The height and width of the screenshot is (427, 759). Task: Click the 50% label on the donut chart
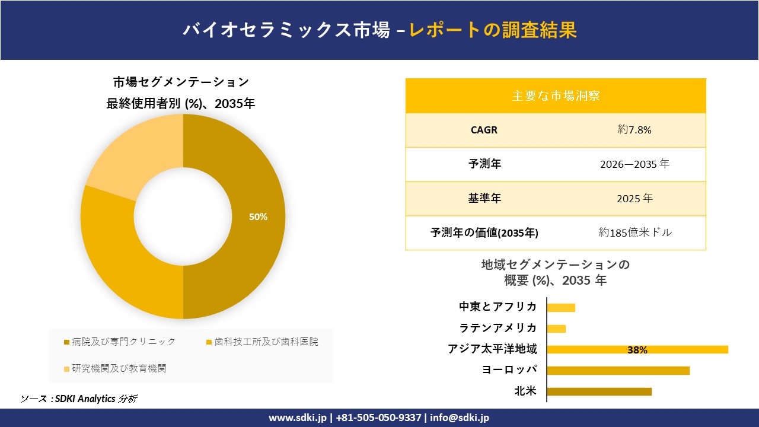pos(258,217)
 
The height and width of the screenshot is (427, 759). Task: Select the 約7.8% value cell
pos(634,130)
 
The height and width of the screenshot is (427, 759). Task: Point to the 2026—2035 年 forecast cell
pos(634,164)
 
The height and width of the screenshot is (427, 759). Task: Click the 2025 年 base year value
pos(634,199)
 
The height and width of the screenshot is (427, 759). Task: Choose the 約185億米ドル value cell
pos(635,232)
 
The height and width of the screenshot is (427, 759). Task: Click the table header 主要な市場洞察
pos(556,95)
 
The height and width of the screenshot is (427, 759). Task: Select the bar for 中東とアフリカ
pos(561,307)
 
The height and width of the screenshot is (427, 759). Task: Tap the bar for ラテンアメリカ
pos(556,329)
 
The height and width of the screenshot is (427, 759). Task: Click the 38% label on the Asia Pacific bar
pos(637,350)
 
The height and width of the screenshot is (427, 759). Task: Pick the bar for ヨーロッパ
pos(618,371)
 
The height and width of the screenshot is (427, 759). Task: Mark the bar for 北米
pos(599,391)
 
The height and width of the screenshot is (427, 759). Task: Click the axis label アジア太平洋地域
pos(492,349)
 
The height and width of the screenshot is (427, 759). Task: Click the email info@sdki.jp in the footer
pos(460,418)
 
